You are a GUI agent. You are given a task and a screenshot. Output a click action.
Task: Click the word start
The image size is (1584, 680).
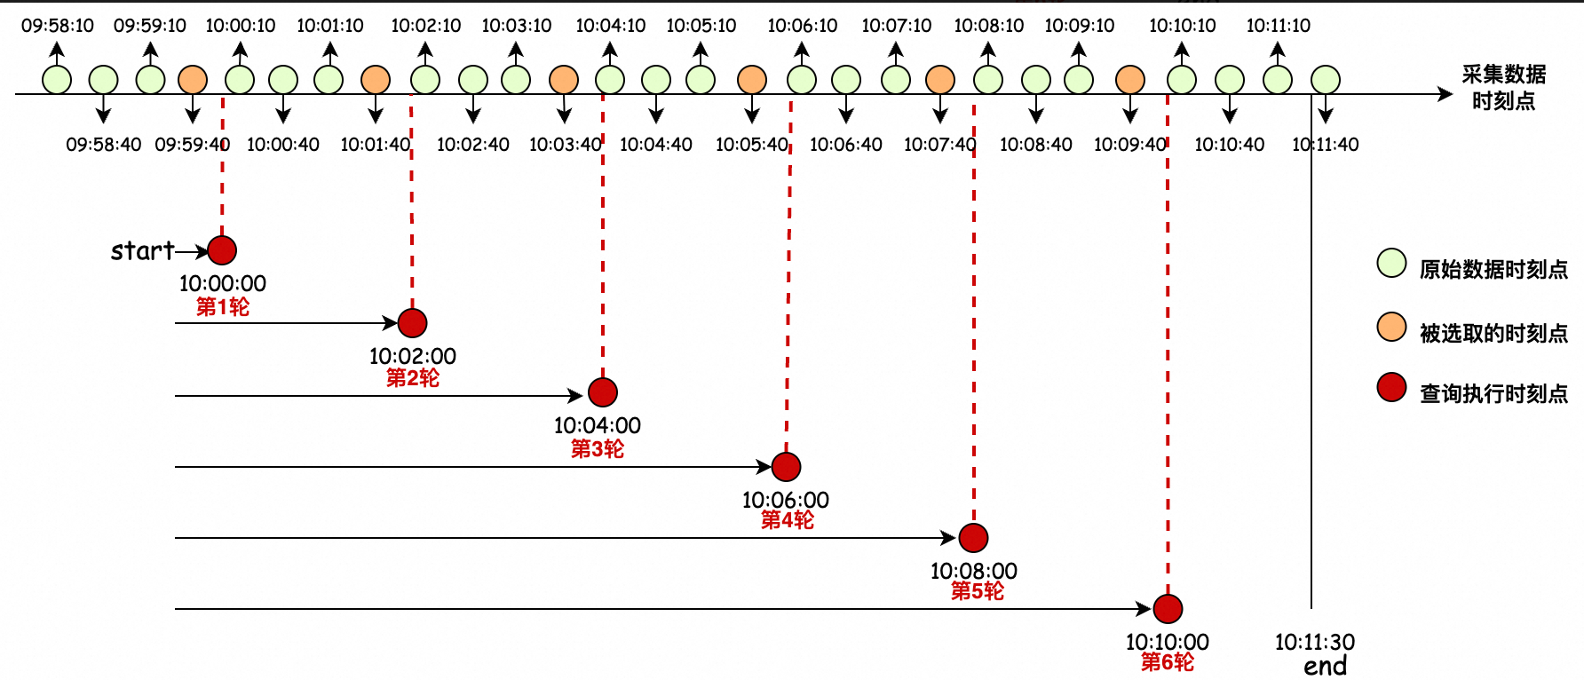click(x=142, y=251)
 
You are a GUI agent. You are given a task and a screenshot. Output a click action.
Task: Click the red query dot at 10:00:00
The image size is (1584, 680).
click(x=222, y=250)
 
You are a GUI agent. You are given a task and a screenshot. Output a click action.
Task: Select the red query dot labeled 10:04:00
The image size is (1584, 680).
click(x=603, y=392)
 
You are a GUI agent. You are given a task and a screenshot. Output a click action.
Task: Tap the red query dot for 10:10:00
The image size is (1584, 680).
click(x=1168, y=609)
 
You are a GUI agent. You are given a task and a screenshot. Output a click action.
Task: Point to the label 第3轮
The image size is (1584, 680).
click(x=598, y=449)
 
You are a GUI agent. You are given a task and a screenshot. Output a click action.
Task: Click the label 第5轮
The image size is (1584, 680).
click(x=978, y=591)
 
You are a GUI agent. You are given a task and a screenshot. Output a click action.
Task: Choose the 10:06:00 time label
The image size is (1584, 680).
click(x=786, y=500)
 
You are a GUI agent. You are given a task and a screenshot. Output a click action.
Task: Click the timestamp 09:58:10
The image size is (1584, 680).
click(x=58, y=26)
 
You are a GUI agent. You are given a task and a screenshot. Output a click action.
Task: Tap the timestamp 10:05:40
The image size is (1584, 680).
click(x=752, y=144)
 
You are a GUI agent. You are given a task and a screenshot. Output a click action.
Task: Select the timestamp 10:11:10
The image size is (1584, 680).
click(x=1279, y=26)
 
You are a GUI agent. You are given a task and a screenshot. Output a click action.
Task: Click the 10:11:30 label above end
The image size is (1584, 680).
click(x=1315, y=642)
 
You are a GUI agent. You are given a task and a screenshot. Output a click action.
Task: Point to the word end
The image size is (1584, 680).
click(x=1326, y=666)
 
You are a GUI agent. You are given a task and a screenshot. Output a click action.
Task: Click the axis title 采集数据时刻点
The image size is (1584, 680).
click(x=1503, y=87)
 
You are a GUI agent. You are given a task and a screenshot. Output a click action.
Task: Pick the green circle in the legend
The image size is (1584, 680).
click(x=1391, y=263)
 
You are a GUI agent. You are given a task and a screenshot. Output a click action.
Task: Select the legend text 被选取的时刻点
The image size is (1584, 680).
click(x=1493, y=333)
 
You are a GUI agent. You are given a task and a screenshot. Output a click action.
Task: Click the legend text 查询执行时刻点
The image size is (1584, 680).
click(x=1493, y=393)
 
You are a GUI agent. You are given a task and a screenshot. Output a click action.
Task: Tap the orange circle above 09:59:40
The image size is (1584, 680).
click(x=193, y=80)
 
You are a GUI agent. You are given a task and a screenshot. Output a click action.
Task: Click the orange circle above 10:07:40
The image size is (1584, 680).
click(x=940, y=80)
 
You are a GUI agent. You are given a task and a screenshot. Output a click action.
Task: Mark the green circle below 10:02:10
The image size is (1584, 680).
click(x=425, y=80)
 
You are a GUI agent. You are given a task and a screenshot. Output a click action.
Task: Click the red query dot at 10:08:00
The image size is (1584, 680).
click(x=974, y=538)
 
